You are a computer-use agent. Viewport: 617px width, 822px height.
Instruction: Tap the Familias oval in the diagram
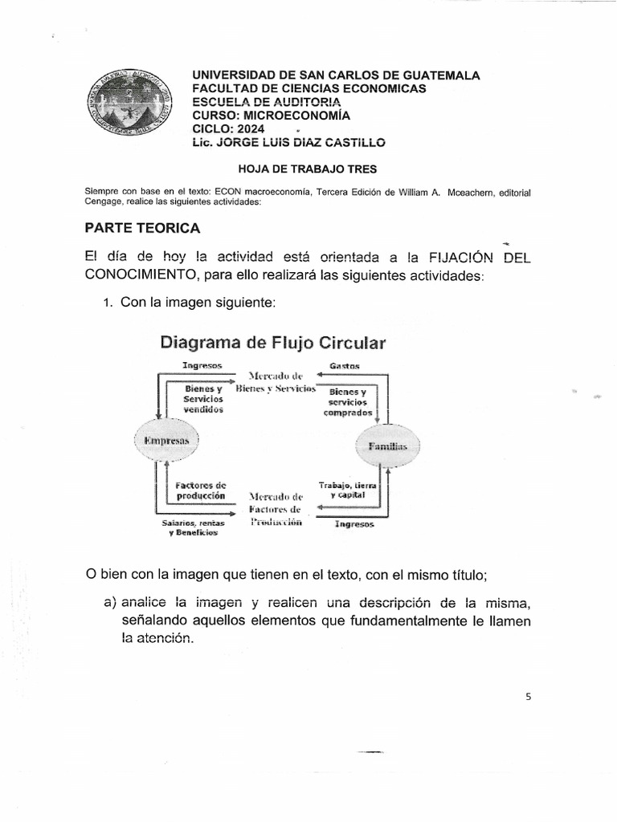pyautogui.click(x=388, y=446)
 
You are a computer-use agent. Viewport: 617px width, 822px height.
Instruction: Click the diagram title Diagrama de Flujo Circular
pyautogui.click(x=273, y=343)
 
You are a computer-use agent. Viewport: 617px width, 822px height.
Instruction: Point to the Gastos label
pyautogui.click(x=345, y=365)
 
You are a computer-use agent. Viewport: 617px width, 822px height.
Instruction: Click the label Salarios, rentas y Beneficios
pyautogui.click(x=193, y=527)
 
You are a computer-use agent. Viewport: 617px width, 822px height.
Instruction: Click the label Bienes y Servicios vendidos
pyautogui.click(x=202, y=398)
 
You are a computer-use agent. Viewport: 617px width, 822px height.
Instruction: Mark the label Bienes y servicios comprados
pyautogui.click(x=348, y=402)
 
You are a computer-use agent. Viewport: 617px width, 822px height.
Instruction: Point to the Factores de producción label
pyautogui.click(x=200, y=490)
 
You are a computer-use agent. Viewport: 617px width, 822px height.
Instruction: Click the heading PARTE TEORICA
pyautogui.click(x=142, y=229)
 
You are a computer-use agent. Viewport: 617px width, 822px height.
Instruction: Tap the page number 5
pyautogui.click(x=529, y=697)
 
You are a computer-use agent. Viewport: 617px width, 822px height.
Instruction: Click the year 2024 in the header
pyautogui.click(x=248, y=128)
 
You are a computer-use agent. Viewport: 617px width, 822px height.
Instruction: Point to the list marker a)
pyautogui.click(x=109, y=603)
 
